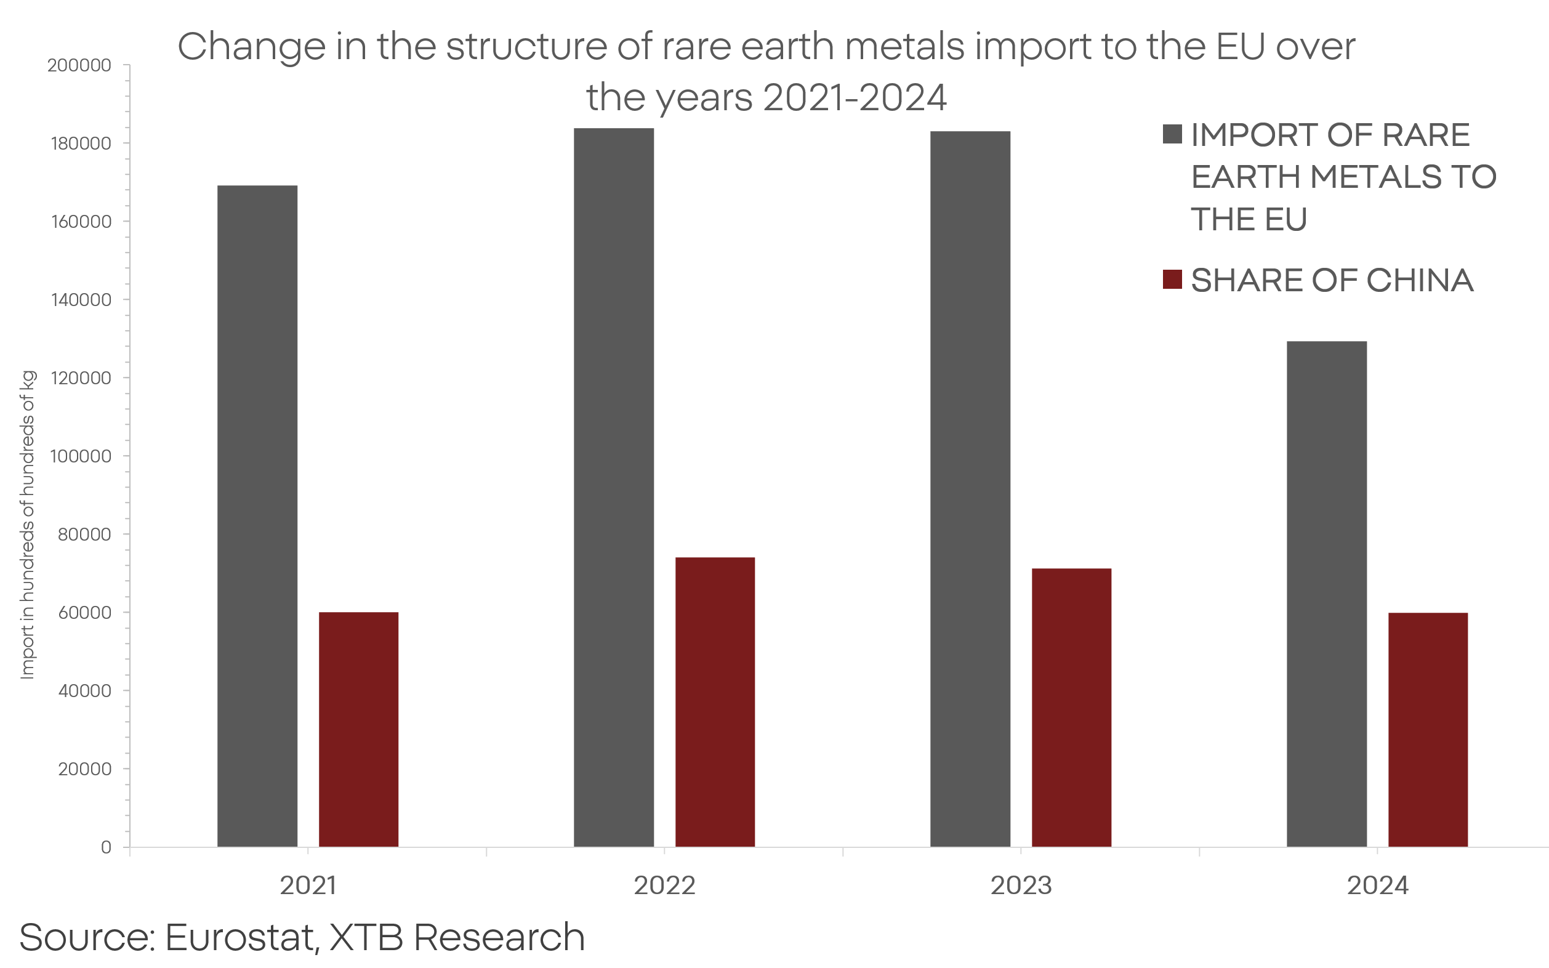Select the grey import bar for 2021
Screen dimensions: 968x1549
[x=257, y=515]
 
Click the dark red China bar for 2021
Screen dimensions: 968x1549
[x=358, y=729]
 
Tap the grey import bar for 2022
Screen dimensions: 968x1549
[x=614, y=487]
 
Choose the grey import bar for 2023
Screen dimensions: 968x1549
[x=970, y=488]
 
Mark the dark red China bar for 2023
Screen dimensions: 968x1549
[x=1071, y=708]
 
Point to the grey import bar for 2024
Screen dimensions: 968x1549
[x=1327, y=594]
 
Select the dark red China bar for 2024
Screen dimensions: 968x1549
[x=1428, y=730]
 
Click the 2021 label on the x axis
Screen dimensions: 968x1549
[x=308, y=886]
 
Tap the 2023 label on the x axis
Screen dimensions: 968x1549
[x=1021, y=886]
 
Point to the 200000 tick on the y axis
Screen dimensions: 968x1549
[x=79, y=65]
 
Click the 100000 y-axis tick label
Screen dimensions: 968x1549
[x=81, y=456]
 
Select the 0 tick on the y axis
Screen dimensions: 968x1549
[x=107, y=848]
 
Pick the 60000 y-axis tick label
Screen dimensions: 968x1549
[x=84, y=613]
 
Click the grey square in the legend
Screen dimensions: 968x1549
[x=1172, y=134]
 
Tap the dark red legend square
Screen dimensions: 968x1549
[x=1172, y=280]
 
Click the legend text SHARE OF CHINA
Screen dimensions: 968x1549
[x=1332, y=280]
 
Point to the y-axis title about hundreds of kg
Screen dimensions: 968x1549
[x=28, y=525]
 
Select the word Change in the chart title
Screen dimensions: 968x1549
[x=252, y=47]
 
